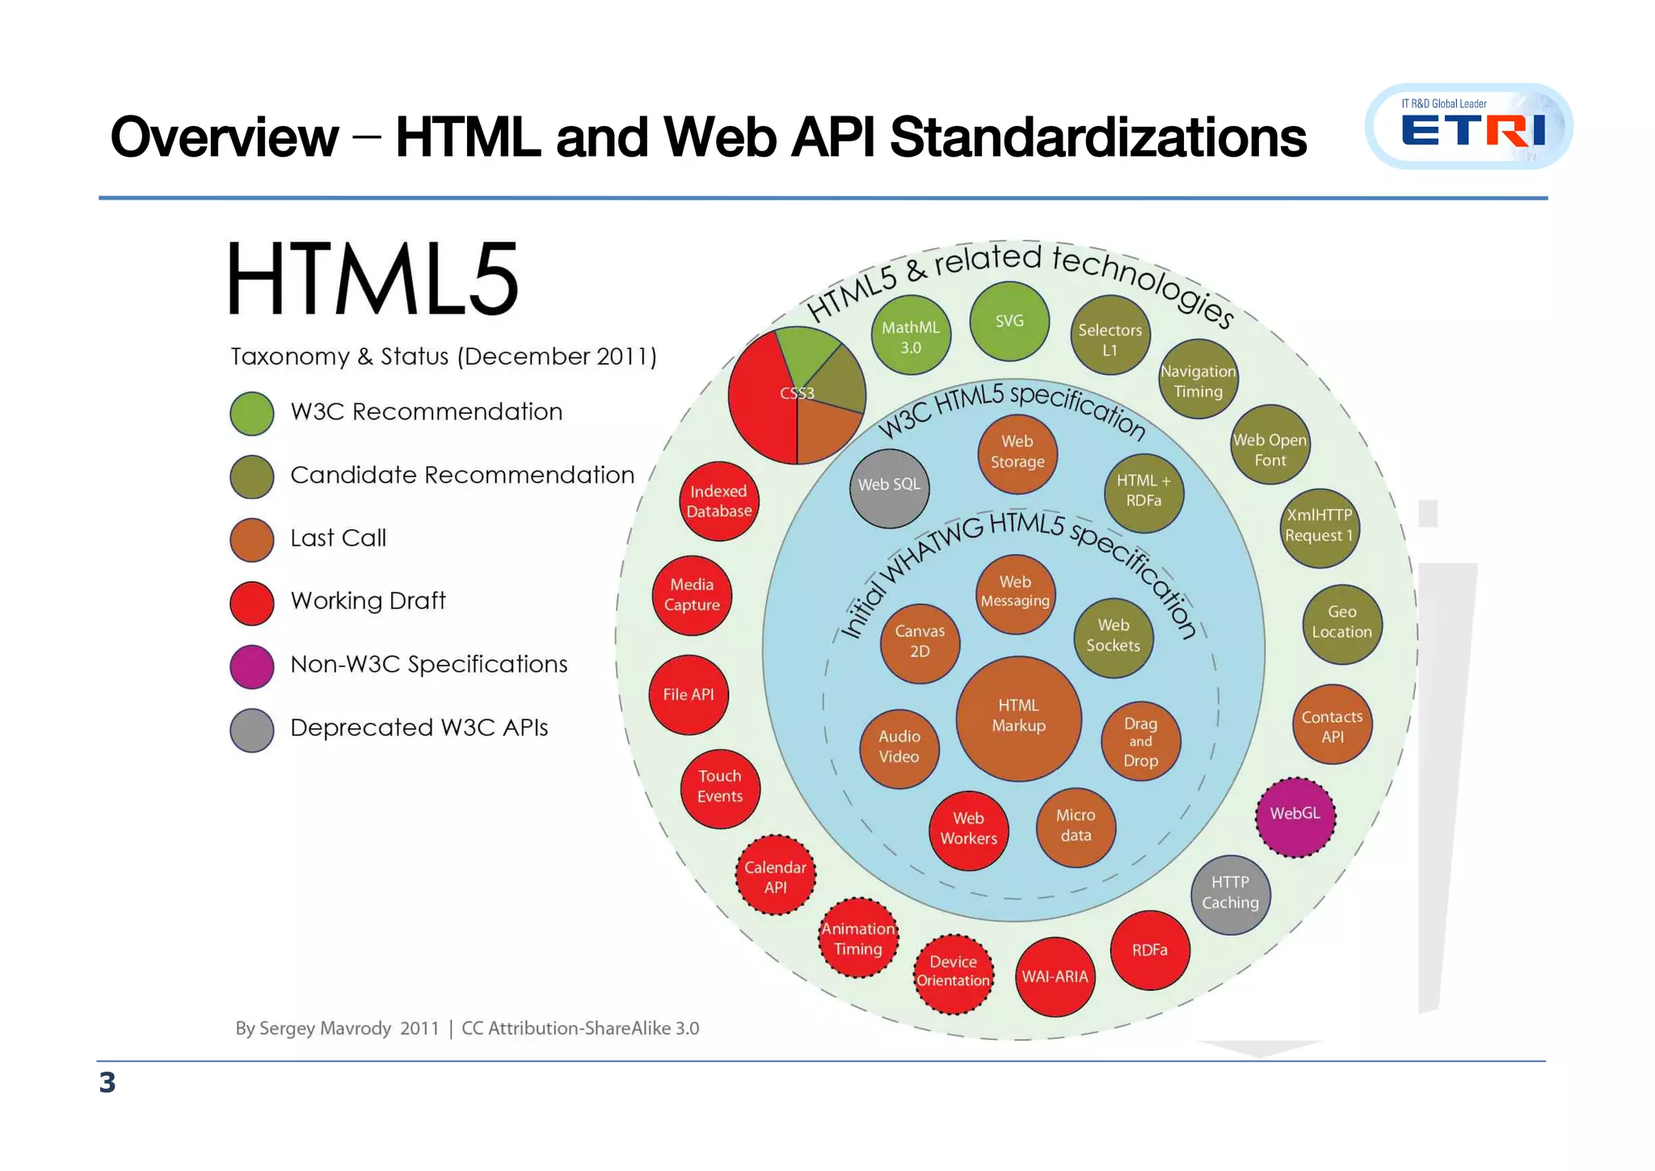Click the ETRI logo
coord(1468,127)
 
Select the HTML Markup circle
coord(1018,718)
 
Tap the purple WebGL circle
coord(1295,816)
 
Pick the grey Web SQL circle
coord(889,487)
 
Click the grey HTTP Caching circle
coord(1230,894)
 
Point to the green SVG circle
coord(1009,322)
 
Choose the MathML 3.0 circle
coord(911,335)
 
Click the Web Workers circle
coord(968,830)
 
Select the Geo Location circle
coord(1341,623)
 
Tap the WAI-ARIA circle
coord(1055,977)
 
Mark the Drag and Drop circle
coord(1140,742)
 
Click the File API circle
coord(689,695)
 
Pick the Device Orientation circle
coord(953,973)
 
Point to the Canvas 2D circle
coord(920,642)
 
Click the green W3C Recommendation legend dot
coord(252,413)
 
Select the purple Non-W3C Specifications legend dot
coord(252,666)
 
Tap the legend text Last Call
coord(338,538)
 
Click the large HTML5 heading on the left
coord(373,280)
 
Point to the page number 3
coord(107,1083)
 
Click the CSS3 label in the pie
coord(797,394)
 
